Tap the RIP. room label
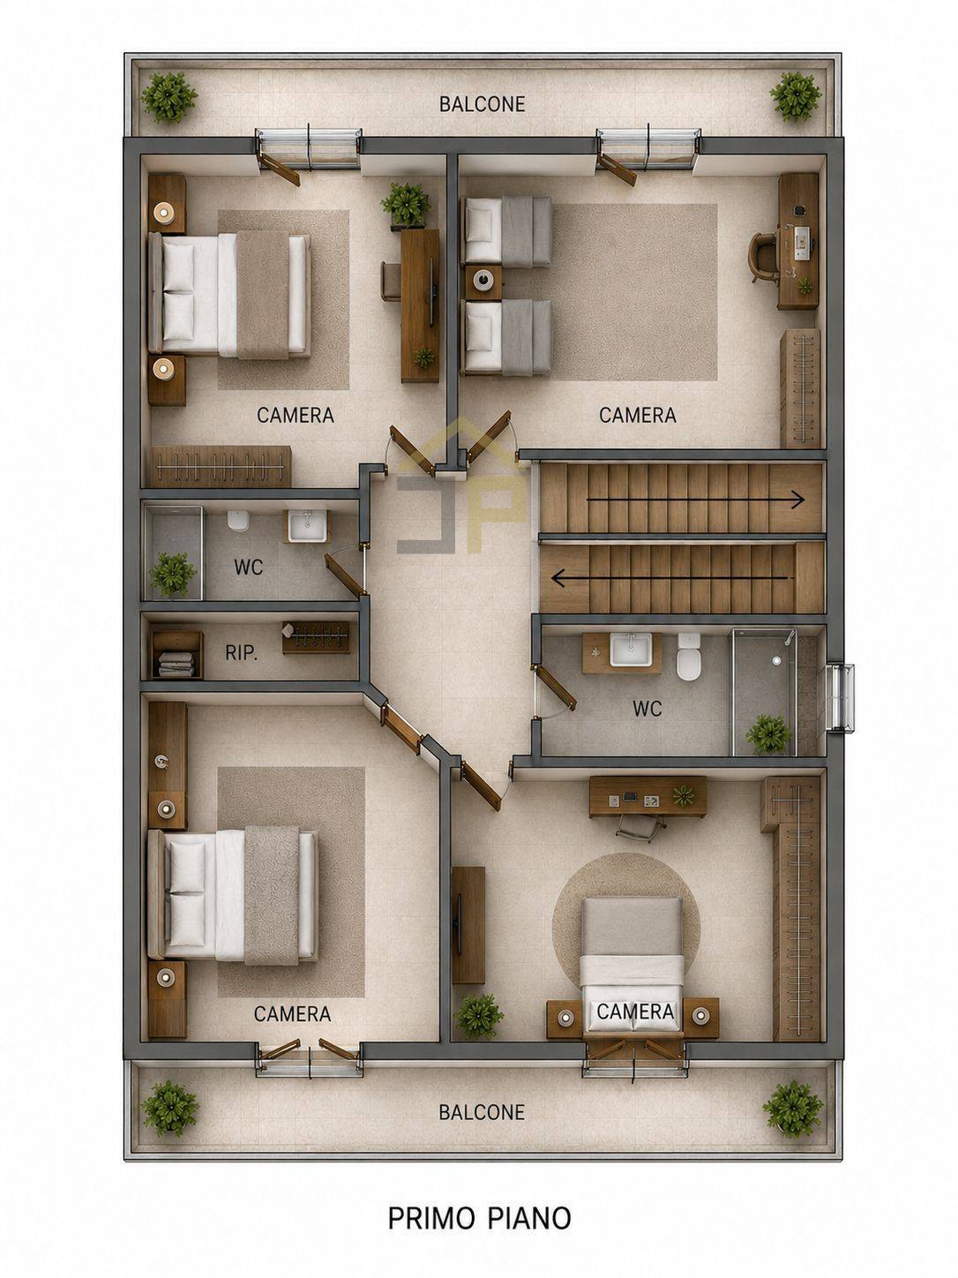(x=241, y=653)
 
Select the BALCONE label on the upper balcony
(x=482, y=104)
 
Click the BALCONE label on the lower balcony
(x=482, y=1112)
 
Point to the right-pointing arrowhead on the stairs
(x=798, y=499)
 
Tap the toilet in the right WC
(x=689, y=657)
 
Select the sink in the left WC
(x=306, y=526)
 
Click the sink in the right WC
(x=629, y=650)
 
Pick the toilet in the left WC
(x=238, y=521)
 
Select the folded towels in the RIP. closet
(x=176, y=664)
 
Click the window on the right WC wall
(x=842, y=697)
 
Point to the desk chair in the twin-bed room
(x=765, y=257)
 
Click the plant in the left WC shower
(x=173, y=574)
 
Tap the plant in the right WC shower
(x=768, y=734)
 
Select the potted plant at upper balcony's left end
(x=169, y=97)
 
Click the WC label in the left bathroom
(x=249, y=567)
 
